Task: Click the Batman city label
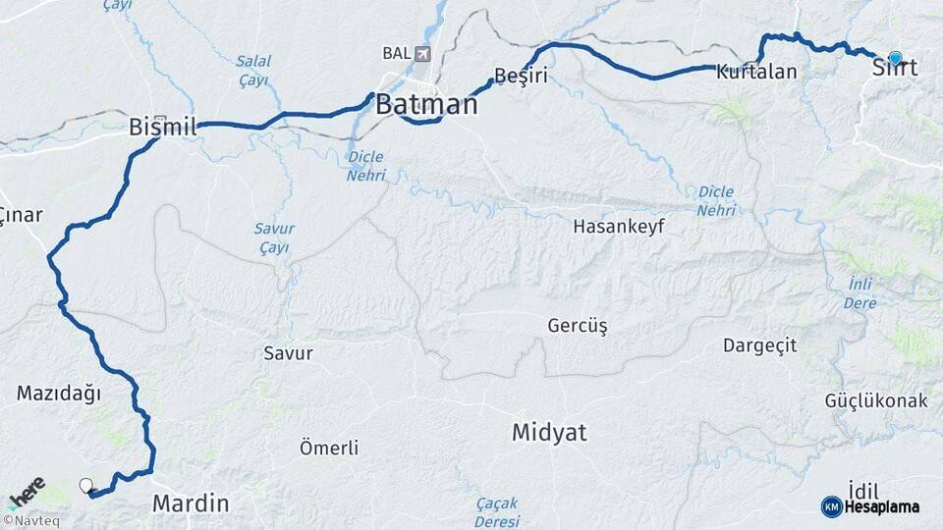426,104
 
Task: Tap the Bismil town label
163,127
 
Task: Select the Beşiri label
521,76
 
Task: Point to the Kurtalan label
755,72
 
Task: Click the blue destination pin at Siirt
895,58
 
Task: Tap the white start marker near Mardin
86,485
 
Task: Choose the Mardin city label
191,504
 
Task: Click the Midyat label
548,432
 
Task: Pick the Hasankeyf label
619,226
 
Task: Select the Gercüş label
578,326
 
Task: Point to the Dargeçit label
759,345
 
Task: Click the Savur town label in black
288,352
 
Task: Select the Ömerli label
328,449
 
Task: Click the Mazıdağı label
59,394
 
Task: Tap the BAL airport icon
423,53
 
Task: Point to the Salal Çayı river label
252,71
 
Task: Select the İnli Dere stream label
861,292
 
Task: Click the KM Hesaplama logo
870,506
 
